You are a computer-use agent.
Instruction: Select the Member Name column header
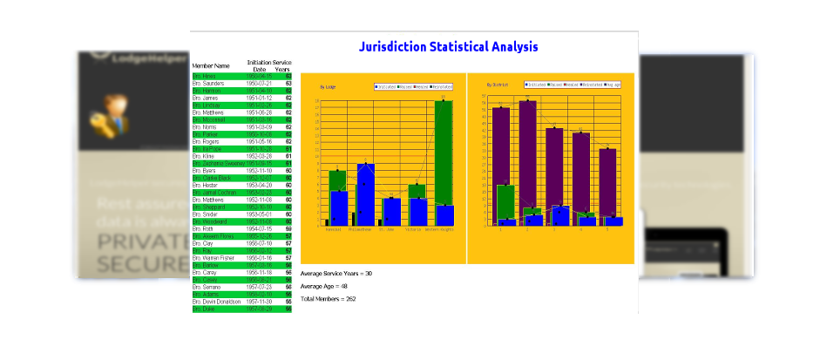pos(210,65)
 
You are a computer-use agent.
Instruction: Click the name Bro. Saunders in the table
pos(208,84)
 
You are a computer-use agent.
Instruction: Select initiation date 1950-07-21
pos(259,84)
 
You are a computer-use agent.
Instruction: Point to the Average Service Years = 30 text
pos(336,274)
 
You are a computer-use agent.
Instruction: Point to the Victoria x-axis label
pos(417,230)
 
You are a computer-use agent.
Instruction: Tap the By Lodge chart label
pos(329,87)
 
